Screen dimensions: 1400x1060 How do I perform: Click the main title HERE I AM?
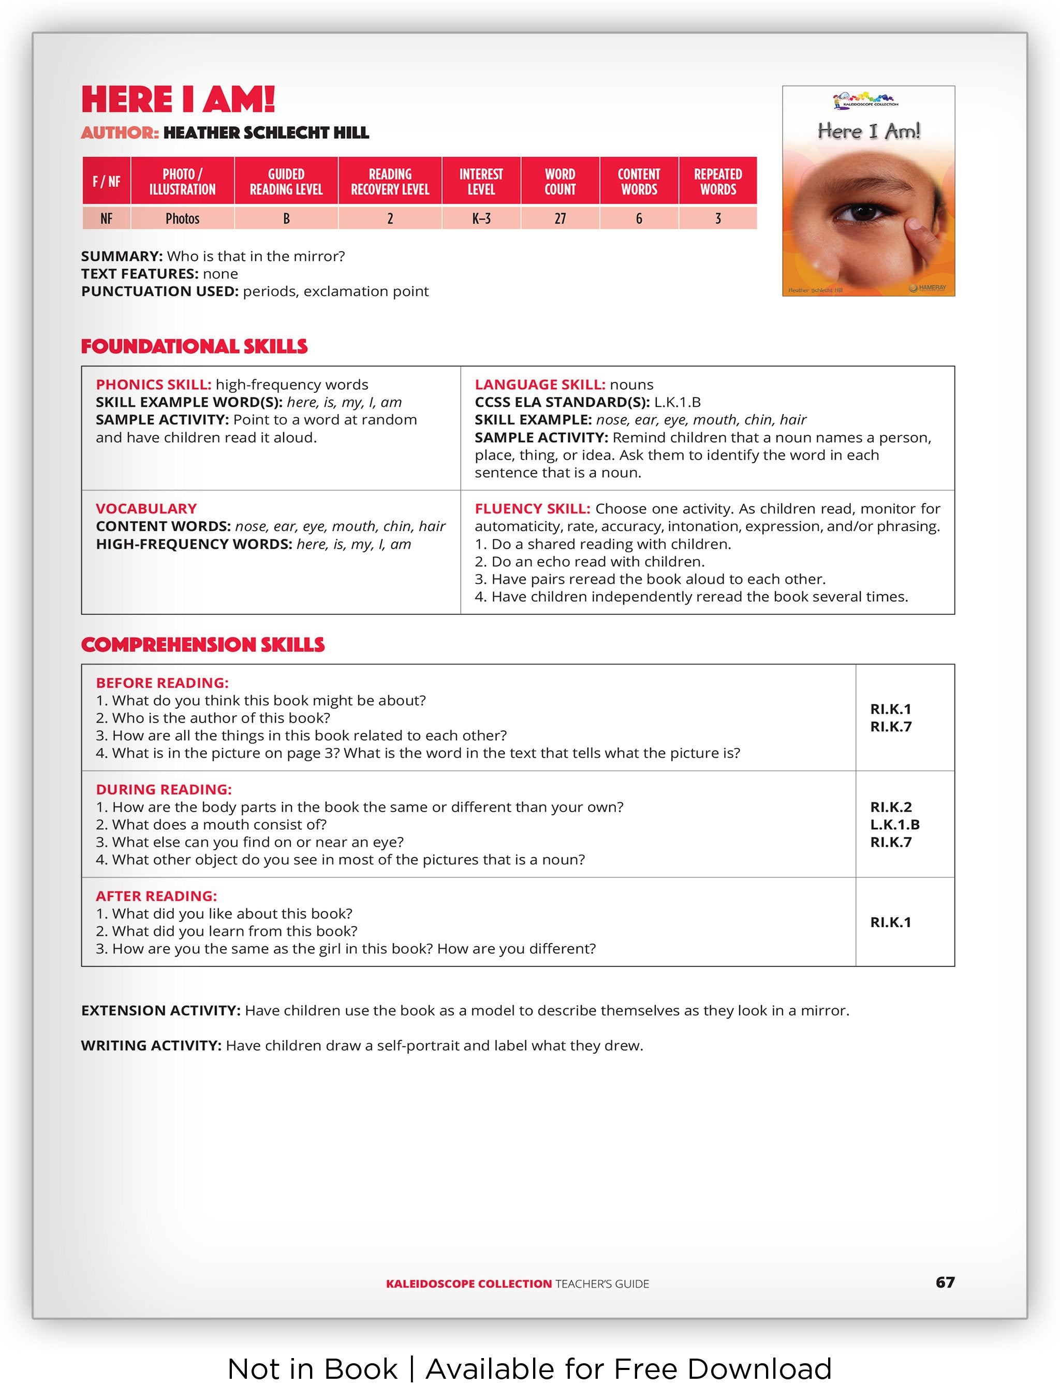(178, 99)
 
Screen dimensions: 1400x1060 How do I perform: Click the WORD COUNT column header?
(560, 182)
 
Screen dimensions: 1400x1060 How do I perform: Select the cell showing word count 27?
(560, 218)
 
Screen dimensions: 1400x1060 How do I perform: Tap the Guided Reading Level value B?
(286, 218)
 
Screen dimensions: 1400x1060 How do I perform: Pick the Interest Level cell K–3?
(481, 218)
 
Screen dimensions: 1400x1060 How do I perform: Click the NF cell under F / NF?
(106, 218)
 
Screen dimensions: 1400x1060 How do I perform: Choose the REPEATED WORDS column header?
(718, 182)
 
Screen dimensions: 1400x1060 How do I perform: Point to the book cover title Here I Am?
(868, 131)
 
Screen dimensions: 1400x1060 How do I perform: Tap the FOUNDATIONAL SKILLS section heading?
(194, 346)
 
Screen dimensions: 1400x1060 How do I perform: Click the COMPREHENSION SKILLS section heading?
(202, 644)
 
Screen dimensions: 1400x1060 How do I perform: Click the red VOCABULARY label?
(146, 508)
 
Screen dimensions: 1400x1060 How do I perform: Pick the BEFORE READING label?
(162, 683)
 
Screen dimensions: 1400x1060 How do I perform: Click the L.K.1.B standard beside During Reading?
(894, 824)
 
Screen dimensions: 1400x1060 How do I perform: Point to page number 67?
(945, 1283)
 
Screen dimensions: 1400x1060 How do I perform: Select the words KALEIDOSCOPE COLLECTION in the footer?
(468, 1284)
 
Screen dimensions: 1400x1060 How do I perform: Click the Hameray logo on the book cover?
(927, 288)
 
